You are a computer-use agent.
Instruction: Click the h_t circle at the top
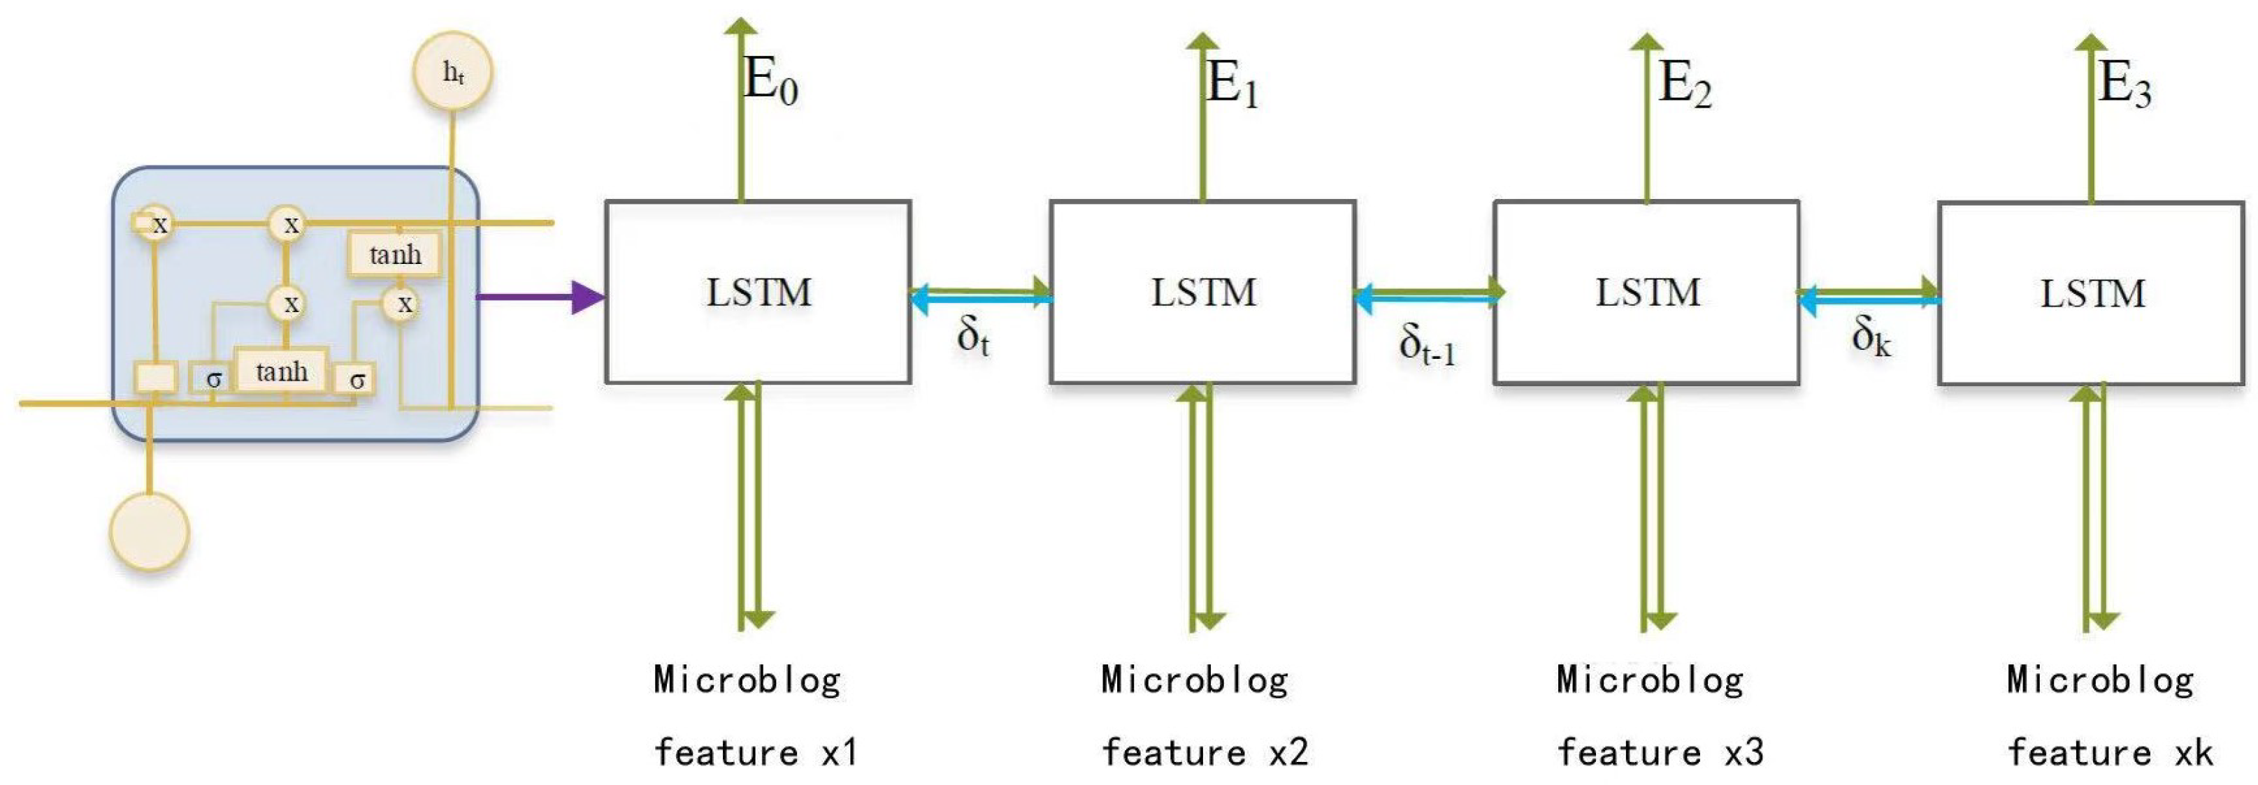pyautogui.click(x=452, y=72)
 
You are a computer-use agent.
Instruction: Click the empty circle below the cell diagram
pyautogui.click(x=149, y=531)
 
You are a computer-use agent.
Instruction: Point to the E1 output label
pyautogui.click(x=1232, y=85)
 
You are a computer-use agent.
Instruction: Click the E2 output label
pyautogui.click(x=1685, y=85)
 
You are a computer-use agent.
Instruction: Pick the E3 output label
pyautogui.click(x=2124, y=85)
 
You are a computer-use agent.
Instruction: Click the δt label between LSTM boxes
pyautogui.click(x=973, y=337)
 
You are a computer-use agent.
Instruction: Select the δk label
pyautogui.click(x=1871, y=337)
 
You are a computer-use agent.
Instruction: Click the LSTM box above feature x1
pyautogui.click(x=758, y=292)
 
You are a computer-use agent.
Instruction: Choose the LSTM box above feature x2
pyautogui.click(x=1202, y=292)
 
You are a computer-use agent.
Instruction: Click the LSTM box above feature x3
pyautogui.click(x=1646, y=292)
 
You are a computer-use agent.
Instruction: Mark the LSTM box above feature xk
pyautogui.click(x=2092, y=293)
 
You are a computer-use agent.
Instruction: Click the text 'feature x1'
pyautogui.click(x=756, y=751)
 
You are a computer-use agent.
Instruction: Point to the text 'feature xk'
pyautogui.click(x=2109, y=751)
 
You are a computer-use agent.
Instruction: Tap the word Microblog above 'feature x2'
pyautogui.click(x=1194, y=680)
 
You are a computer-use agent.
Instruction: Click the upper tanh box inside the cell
pyautogui.click(x=394, y=255)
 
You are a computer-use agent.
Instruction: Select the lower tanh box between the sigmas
pyautogui.click(x=281, y=372)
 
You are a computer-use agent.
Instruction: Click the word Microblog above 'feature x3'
pyautogui.click(x=1650, y=680)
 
